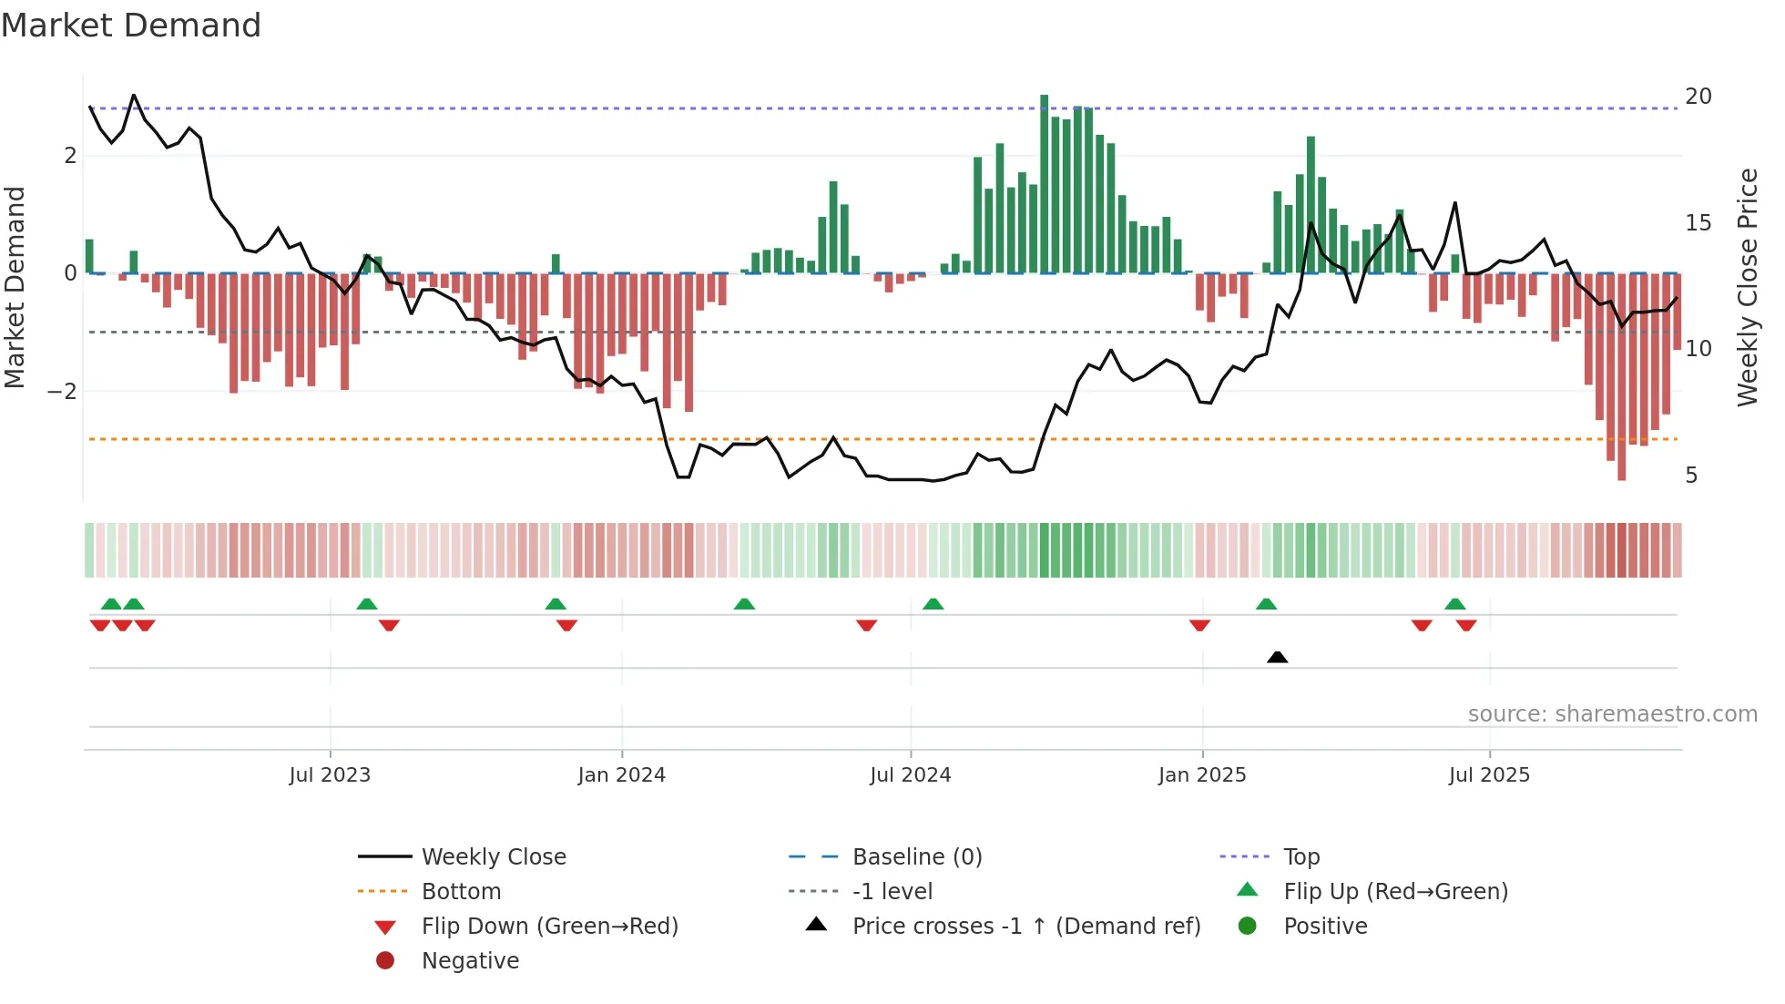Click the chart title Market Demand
pos(131,26)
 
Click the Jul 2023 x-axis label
pos(330,775)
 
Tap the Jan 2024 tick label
pos(621,775)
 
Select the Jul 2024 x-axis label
pos(910,775)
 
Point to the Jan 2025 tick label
pos(1202,775)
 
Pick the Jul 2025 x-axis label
pos(1489,775)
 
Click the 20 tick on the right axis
pos(1698,97)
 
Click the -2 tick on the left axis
pos(63,392)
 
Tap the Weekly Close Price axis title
pos(1747,287)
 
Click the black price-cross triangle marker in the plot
pos(1277,657)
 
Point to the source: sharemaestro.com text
pos(1612,714)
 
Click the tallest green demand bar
pos(1045,182)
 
